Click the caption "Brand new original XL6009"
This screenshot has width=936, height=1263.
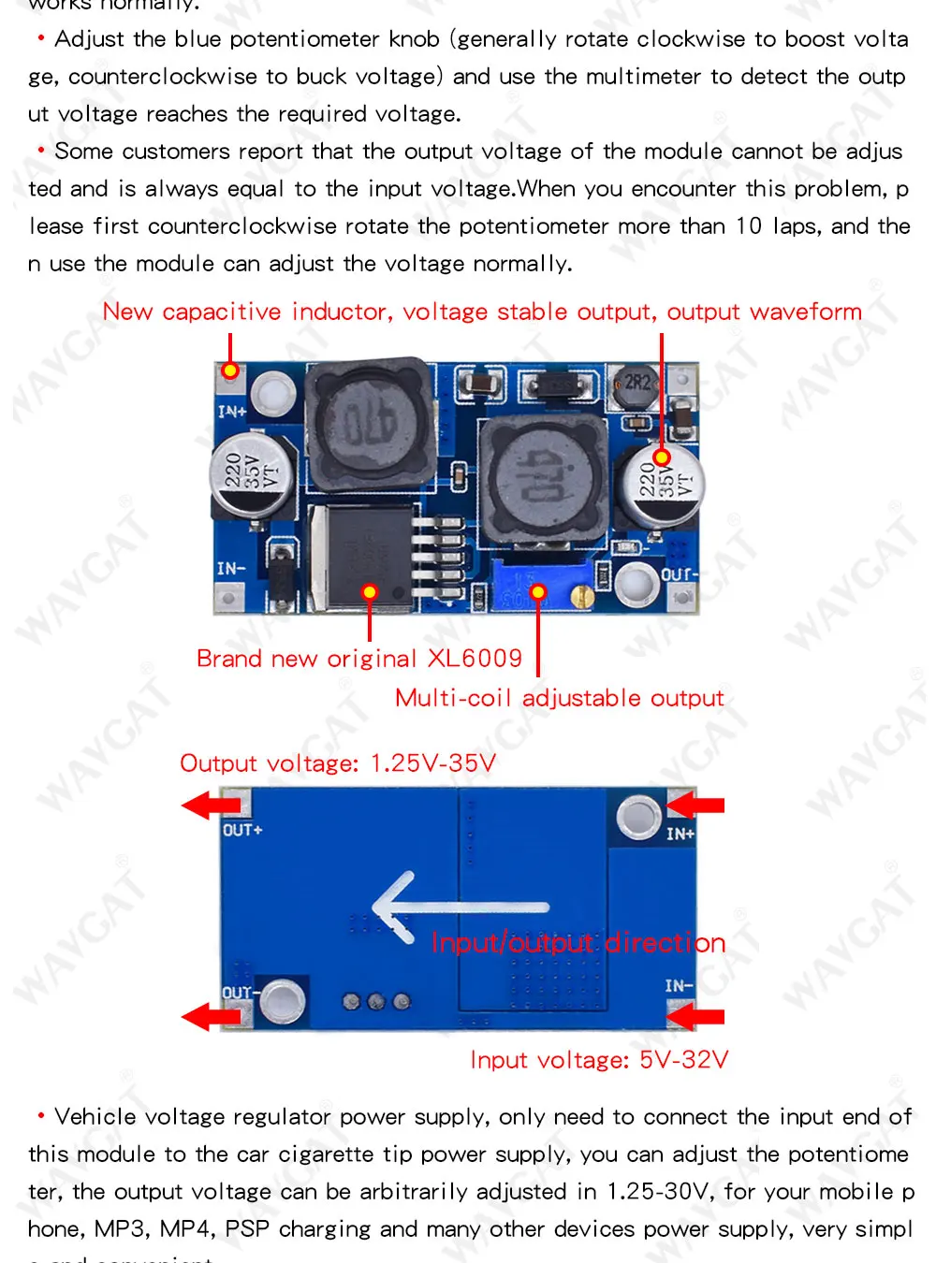point(359,659)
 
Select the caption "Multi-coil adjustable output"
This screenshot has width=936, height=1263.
point(559,698)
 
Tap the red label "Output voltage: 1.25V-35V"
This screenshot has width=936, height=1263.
point(337,763)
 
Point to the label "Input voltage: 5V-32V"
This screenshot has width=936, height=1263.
point(599,1060)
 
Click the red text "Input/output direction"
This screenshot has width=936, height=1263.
point(578,942)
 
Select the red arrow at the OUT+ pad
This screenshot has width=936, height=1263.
point(211,805)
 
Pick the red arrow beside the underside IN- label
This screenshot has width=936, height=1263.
point(697,1016)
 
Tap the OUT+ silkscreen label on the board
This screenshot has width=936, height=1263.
point(242,831)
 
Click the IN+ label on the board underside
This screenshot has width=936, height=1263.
point(680,834)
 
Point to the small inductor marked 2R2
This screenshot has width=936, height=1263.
point(636,385)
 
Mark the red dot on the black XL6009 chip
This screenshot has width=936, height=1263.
point(370,591)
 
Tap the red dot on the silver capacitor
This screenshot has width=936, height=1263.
point(662,457)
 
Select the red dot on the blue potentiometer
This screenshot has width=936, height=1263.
point(538,591)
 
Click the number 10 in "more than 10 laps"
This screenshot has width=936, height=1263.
point(749,226)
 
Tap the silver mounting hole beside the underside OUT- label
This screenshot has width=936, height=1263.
point(283,1001)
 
